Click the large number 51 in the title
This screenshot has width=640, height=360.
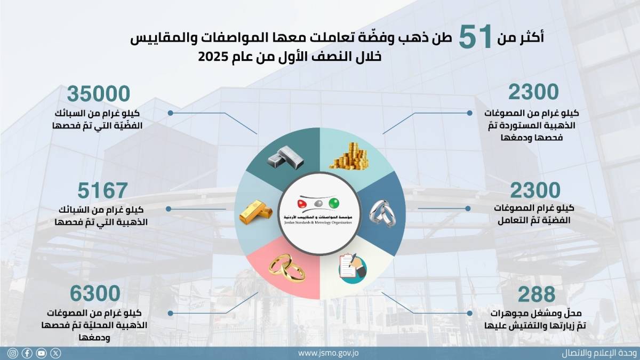tap(475, 36)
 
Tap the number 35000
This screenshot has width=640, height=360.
tap(99, 94)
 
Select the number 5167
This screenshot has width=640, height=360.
tap(102, 190)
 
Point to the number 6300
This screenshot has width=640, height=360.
tap(95, 293)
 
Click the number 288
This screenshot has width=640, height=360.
tap(537, 294)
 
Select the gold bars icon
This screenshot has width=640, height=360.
tap(255, 212)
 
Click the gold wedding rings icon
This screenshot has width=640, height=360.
tap(287, 268)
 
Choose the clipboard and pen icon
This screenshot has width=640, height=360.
tap(353, 268)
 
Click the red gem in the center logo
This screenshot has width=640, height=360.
tap(302, 204)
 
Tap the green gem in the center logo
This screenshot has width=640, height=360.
tap(334, 203)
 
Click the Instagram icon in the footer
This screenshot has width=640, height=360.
tap(13, 354)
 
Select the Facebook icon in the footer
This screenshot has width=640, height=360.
tap(27, 354)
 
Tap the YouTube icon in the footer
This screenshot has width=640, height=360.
tap(42, 354)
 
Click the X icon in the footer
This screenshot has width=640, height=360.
tap(55, 354)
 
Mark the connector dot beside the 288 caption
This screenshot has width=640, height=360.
tap(469, 314)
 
